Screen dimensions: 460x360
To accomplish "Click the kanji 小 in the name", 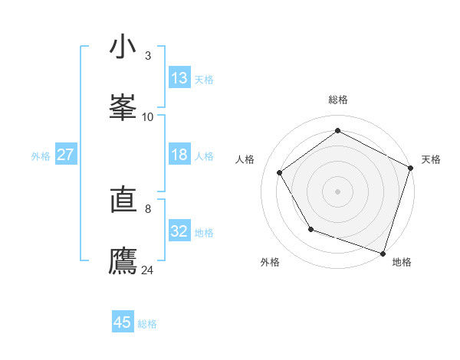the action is pos(123,47).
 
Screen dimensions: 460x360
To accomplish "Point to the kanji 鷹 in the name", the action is pos(123,260).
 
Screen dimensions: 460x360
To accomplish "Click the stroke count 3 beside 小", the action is pos(148,56).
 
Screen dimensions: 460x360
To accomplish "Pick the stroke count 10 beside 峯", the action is pos(148,116).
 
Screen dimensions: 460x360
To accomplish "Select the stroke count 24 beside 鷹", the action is pos(148,270).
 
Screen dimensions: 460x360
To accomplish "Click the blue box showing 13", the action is pos(179,78).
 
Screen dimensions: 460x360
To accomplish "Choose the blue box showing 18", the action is pos(179,155).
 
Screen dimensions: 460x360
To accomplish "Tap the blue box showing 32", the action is pos(179,231).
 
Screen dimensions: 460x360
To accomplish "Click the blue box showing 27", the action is pos(66,155).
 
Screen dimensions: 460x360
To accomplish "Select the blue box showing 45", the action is pos(123,322).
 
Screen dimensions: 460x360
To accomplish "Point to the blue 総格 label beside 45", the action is pos(147,324).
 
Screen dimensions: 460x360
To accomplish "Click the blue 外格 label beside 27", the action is pos(41,156).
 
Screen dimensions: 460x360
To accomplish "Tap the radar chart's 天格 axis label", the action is pos(431,159).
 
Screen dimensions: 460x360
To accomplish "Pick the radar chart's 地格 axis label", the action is pos(402,262).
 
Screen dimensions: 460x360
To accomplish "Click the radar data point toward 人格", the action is pos(280,172).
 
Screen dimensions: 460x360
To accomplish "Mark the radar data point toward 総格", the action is pos(337,132).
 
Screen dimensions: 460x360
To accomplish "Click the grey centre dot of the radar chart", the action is pos(337,191).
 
